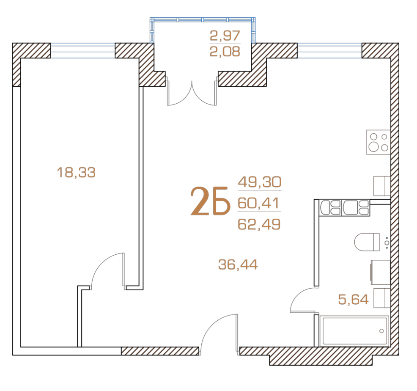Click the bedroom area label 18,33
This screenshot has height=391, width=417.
[76, 172]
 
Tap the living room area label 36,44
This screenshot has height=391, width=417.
[238, 264]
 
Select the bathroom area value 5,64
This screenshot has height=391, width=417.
[353, 300]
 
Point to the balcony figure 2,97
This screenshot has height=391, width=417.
[225, 36]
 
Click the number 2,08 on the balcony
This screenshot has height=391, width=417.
[225, 51]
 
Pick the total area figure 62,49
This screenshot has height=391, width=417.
[259, 224]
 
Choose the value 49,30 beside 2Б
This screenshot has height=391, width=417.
[260, 182]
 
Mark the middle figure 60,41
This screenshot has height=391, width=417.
[258, 203]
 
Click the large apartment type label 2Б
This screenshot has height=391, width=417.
[210, 201]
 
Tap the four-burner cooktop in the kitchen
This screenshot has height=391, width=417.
[378, 142]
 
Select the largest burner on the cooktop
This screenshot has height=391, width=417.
[374, 147]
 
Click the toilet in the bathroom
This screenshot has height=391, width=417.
[367, 242]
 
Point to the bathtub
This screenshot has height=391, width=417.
[355, 331]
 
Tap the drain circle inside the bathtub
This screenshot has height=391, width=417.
[381, 331]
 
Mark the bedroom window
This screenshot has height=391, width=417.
[83, 51]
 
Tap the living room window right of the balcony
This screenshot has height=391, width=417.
[329, 51]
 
